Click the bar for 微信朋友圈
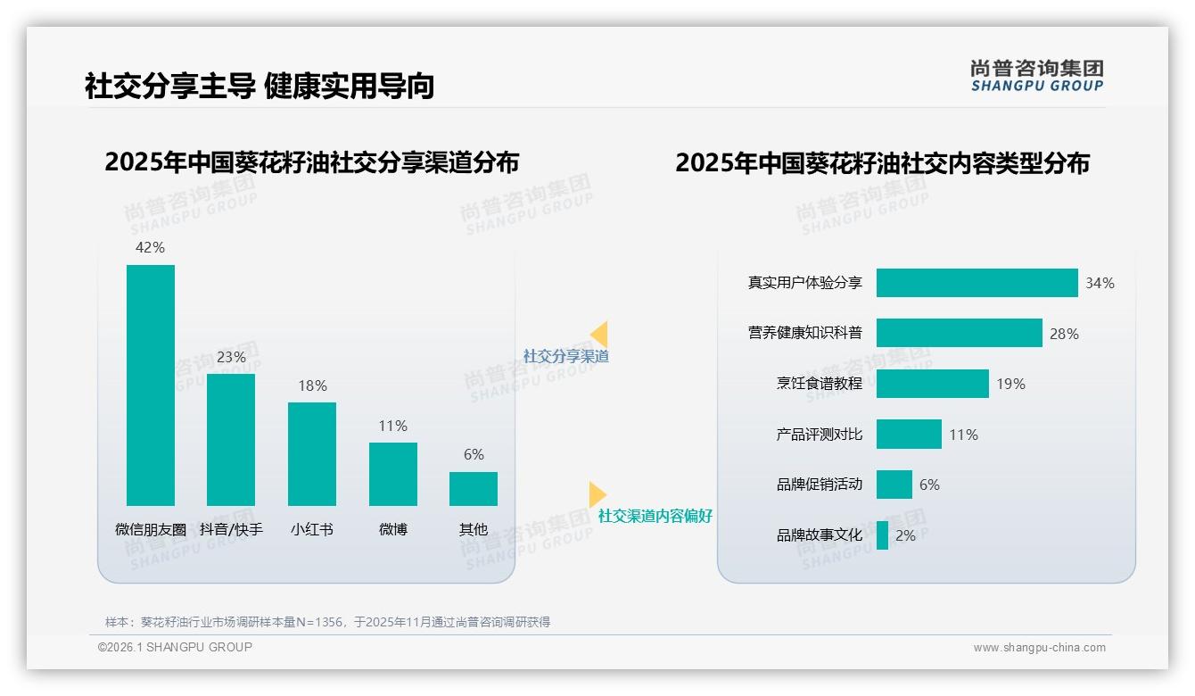pyautogui.click(x=151, y=385)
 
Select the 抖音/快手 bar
pyautogui.click(x=231, y=439)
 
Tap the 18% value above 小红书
pyautogui.click(x=312, y=385)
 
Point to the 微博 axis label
pyautogui.click(x=392, y=529)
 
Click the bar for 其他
pyautogui.click(x=474, y=489)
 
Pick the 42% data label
pyautogui.click(x=150, y=247)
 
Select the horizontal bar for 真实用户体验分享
pyautogui.click(x=977, y=283)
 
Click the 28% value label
pyautogui.click(x=1064, y=334)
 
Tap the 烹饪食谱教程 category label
pyautogui.click(x=819, y=384)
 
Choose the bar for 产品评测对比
pyautogui.click(x=909, y=435)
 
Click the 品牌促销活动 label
pyautogui.click(x=819, y=485)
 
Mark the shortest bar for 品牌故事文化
pyautogui.click(x=882, y=535)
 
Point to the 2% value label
pyautogui.click(x=905, y=535)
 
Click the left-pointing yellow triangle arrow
pyautogui.click(x=599, y=335)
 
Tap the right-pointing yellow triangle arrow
pyautogui.click(x=597, y=494)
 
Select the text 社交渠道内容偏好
pyautogui.click(x=655, y=516)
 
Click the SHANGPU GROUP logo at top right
pyautogui.click(x=1036, y=76)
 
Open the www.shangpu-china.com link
pyautogui.click(x=1039, y=648)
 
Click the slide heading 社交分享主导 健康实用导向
pyautogui.click(x=260, y=87)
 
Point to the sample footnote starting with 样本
pyautogui.click(x=327, y=622)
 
